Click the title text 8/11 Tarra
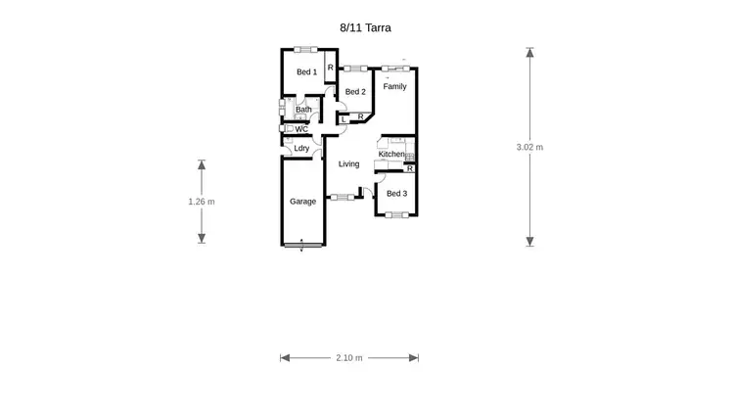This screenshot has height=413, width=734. point(365,28)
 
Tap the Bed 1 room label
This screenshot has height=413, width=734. point(306,72)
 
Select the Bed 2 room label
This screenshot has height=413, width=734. point(355,92)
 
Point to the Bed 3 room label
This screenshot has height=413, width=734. point(396,194)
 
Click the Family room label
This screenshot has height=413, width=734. point(394,87)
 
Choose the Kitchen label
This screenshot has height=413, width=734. point(391,155)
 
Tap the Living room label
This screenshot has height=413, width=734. point(349,164)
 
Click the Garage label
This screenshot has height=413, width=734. point(302,202)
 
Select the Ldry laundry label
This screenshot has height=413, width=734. point(301,149)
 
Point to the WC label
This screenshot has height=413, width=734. point(301,129)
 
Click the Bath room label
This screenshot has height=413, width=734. point(303,110)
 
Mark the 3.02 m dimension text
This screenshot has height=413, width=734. point(529,148)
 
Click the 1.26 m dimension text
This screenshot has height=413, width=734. point(202,202)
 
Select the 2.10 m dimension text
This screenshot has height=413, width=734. point(348,358)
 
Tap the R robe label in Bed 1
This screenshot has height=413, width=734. point(330,68)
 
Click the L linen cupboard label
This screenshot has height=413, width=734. point(344,120)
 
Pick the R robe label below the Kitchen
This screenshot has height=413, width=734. point(409,169)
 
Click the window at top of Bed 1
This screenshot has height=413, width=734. point(304,49)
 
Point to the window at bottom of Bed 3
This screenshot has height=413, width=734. point(396,215)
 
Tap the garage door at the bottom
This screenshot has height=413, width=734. point(302,245)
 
